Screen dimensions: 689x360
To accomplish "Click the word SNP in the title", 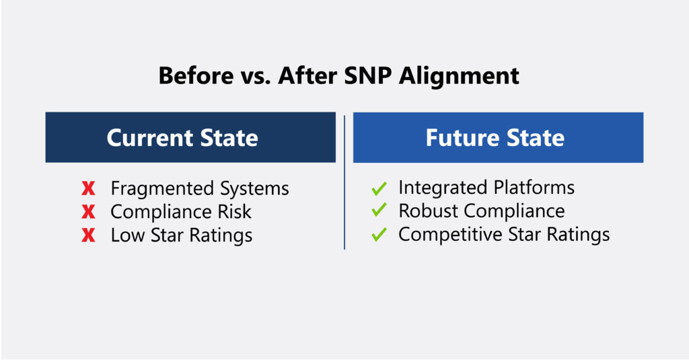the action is point(367,75).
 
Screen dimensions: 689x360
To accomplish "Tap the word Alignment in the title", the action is point(459,75).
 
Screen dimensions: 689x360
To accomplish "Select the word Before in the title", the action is point(196,75).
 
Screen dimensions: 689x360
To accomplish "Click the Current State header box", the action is point(190,137).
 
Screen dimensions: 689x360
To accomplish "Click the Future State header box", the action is point(499,137).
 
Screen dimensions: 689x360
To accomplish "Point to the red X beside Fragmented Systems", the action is point(88,188).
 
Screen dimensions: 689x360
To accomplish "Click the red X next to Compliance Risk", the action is point(88,211).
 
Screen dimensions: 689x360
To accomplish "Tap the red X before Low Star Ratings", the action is point(88,235).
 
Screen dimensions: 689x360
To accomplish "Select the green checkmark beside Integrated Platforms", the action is point(379,188).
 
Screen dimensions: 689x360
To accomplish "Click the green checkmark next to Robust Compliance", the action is point(379,210).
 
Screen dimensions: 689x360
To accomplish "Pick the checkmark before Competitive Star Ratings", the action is point(379,234).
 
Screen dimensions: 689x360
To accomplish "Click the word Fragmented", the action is point(162,188).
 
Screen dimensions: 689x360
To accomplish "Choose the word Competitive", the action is point(450,234).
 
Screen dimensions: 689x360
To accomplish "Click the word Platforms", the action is point(534,188).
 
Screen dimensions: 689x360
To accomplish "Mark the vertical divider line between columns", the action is point(344,182).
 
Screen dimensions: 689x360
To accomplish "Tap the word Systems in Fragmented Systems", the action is point(254,188).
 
